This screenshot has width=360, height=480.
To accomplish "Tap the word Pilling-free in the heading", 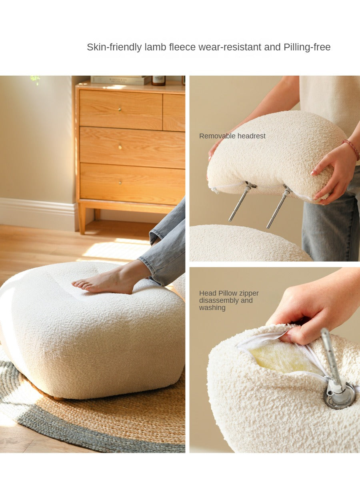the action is (x=307, y=47).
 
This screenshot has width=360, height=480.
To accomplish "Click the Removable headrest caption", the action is (x=232, y=136).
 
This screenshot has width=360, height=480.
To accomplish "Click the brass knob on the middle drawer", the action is (x=120, y=147).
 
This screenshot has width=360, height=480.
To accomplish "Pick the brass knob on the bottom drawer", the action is (x=120, y=182).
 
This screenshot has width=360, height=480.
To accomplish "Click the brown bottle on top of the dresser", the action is (x=158, y=80).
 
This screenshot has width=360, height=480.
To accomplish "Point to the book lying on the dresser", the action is (x=121, y=80).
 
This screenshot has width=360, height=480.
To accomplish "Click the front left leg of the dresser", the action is (x=82, y=218).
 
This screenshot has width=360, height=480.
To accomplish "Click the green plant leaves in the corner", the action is (x=35, y=80).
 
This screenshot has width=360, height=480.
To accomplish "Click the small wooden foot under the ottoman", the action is (x=58, y=398).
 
